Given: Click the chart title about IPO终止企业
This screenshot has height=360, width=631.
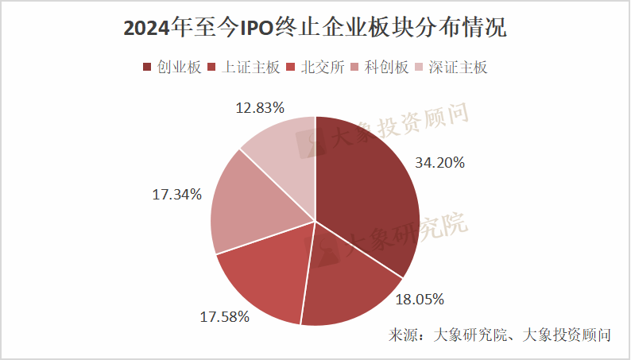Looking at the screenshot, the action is tap(315, 29).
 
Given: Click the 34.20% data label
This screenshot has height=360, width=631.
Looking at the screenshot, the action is tap(439, 163).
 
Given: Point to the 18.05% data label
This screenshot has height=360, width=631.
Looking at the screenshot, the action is tap(420, 300).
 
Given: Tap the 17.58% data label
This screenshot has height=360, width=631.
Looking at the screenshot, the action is tap(225, 317).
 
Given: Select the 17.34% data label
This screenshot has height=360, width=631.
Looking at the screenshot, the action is tap(176, 195).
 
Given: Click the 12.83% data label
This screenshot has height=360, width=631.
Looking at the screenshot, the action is tap(260, 108).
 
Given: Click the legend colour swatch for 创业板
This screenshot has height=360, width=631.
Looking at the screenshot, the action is tap(147, 68).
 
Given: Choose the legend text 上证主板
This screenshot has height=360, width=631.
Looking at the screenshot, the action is tap(250, 68).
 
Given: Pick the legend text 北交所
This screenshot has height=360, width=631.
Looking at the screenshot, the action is tap(323, 68).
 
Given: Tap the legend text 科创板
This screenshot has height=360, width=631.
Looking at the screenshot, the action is tap(386, 68).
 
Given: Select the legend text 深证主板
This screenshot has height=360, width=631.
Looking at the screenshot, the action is tap(458, 68).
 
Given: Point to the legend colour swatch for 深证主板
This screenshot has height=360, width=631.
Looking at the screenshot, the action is tap(419, 68).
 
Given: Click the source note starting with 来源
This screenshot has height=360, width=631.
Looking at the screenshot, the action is tap(499, 335).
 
